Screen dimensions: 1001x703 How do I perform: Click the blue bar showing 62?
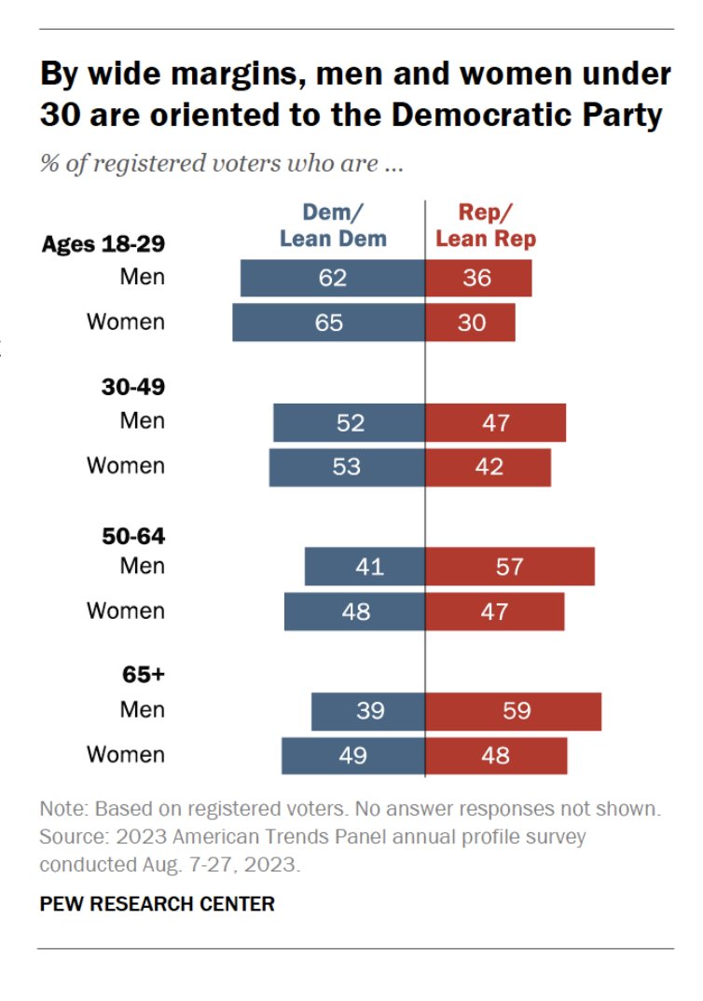(333, 278)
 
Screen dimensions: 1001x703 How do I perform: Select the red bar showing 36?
(478, 278)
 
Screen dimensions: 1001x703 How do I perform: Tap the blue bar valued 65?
(328, 322)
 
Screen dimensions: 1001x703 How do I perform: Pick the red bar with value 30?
(470, 322)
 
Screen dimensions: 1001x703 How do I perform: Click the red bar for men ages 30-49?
(496, 422)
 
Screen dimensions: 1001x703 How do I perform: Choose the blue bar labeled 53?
(347, 467)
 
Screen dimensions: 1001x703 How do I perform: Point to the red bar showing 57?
(510, 567)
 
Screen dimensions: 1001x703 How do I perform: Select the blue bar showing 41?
(365, 567)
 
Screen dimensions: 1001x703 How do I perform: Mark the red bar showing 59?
(514, 711)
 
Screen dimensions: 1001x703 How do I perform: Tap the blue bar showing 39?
(368, 711)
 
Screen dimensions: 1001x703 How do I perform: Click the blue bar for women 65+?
(353, 756)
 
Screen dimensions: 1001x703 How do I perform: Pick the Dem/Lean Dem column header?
(333, 226)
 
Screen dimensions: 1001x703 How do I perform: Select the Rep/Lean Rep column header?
(486, 226)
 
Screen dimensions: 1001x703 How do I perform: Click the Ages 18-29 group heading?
(103, 244)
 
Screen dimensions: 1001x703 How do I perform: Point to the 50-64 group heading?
(133, 536)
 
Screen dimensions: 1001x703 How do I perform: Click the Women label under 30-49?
(126, 465)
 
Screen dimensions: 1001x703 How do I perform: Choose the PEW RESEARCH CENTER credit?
(157, 904)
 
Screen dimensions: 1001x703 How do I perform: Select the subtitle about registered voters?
(221, 164)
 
